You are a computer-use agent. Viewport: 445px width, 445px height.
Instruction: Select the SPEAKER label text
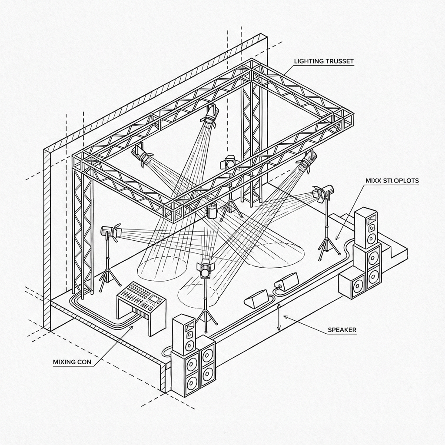tap(342, 330)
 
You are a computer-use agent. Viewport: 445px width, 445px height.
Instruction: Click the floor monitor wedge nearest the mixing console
tap(257, 299)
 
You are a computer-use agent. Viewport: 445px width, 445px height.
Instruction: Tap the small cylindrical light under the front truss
tap(212, 211)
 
